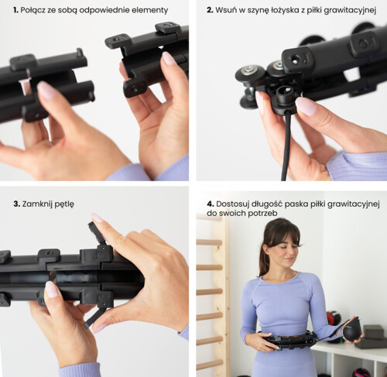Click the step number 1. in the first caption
[16, 10]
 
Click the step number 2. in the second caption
[210, 10]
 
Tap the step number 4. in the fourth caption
[211, 204]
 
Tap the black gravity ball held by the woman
[351, 331]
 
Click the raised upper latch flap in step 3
[97, 233]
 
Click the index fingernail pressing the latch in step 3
[97, 218]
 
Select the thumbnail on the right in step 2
[306, 106]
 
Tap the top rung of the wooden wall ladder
[209, 242]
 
